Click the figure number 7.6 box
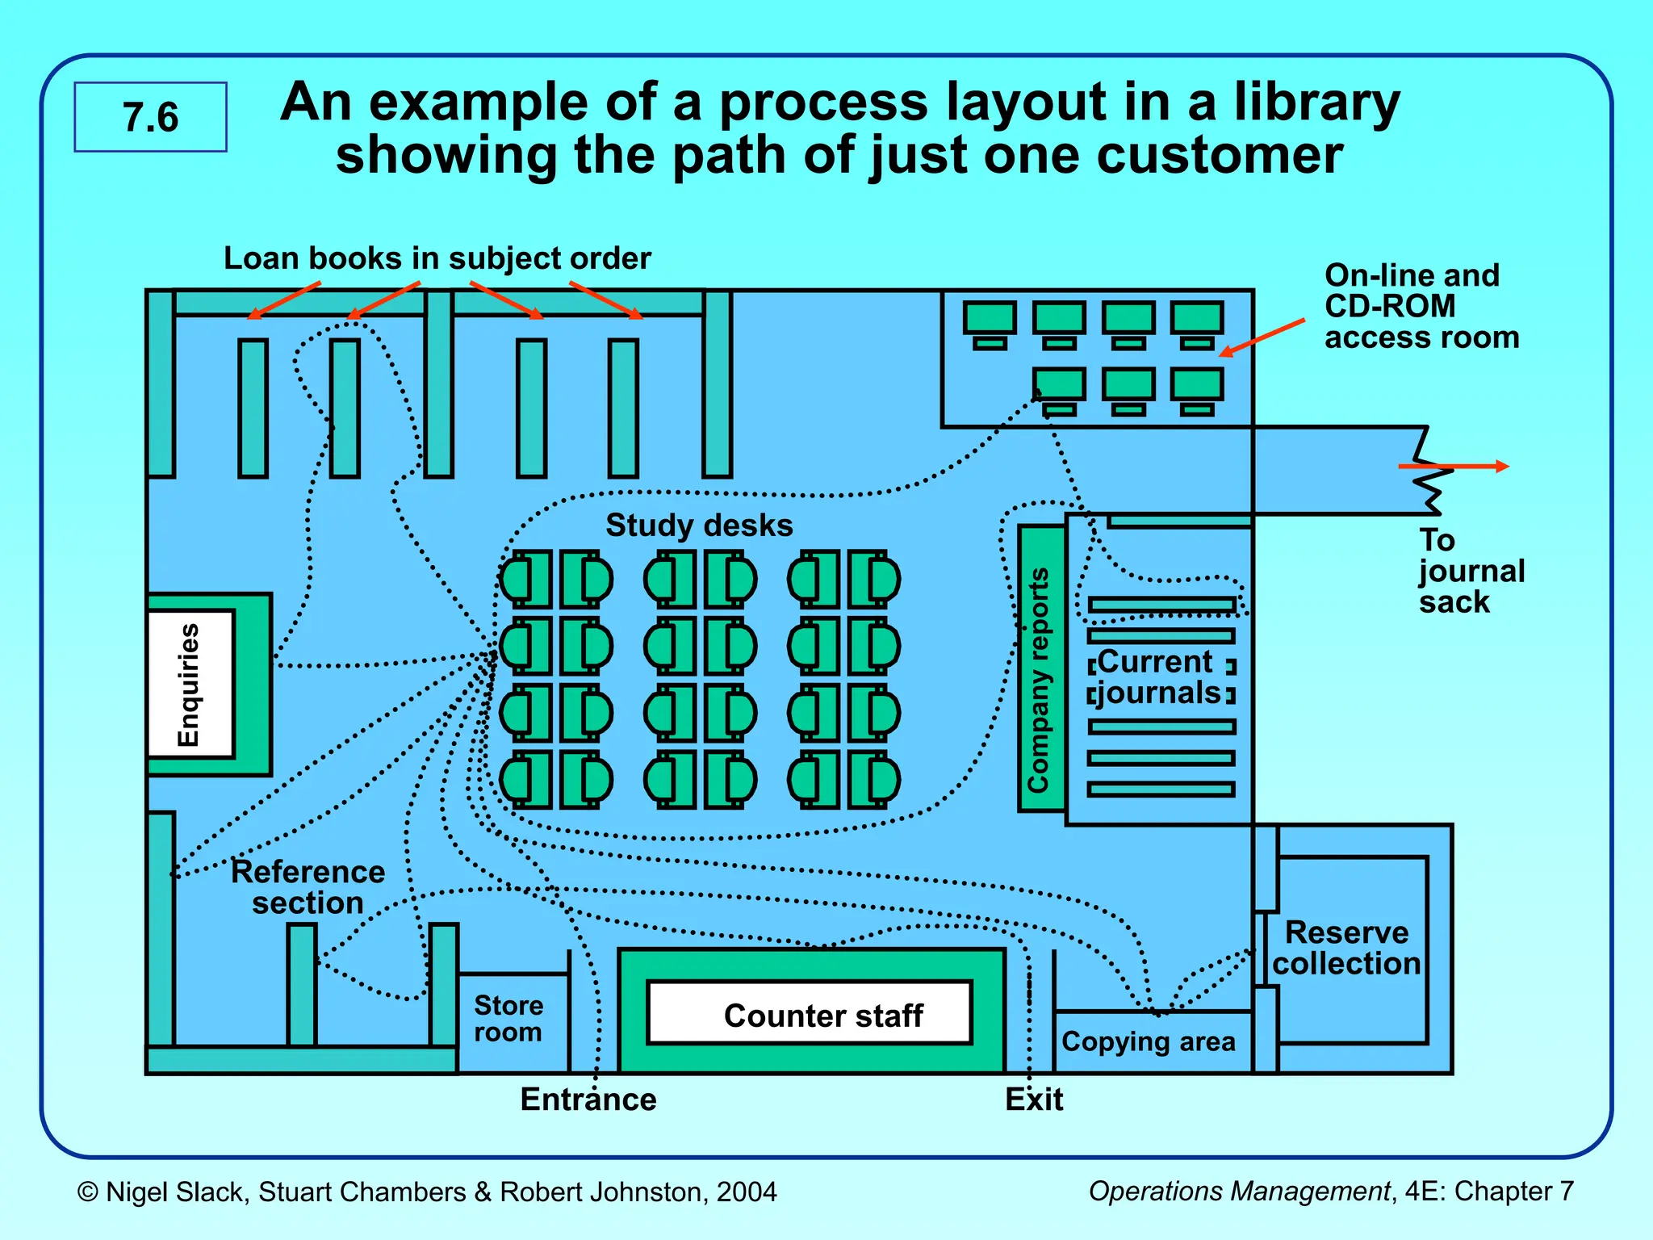150,117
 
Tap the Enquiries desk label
189,685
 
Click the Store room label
508,1018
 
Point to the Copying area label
1148,1041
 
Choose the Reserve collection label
1346,948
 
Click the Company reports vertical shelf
1040,668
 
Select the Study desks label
699,526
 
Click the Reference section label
308,886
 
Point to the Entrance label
588,1100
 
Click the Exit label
1034,1100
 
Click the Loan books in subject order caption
437,258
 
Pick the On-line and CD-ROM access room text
1421,306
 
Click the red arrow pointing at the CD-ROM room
1262,337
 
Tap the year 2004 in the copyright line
747,1192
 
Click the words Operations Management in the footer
1239,1191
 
